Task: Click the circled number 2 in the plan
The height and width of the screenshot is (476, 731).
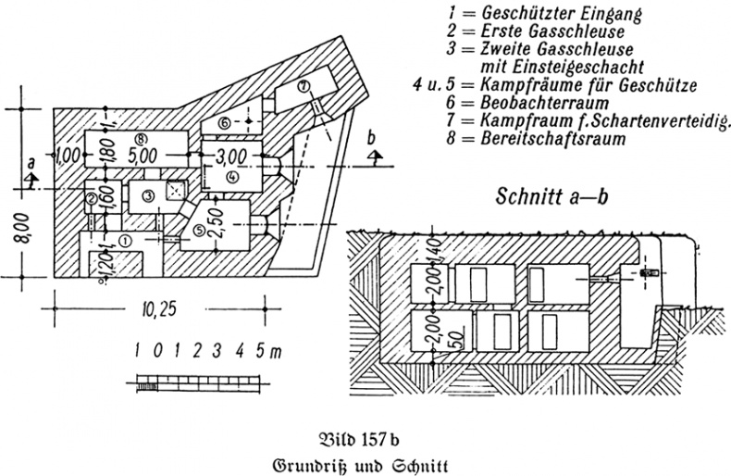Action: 91,196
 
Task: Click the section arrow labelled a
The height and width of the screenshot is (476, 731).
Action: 31,172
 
